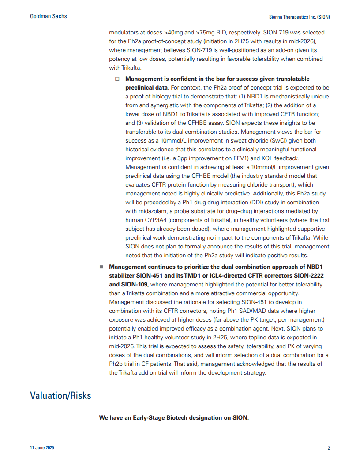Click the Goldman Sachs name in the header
point(49,16)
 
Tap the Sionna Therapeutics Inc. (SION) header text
point(300,16)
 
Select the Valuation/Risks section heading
point(60,395)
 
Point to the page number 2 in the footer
point(329,448)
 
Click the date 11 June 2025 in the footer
point(42,448)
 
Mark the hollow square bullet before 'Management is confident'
point(117,79)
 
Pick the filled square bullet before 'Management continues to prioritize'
point(101,267)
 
